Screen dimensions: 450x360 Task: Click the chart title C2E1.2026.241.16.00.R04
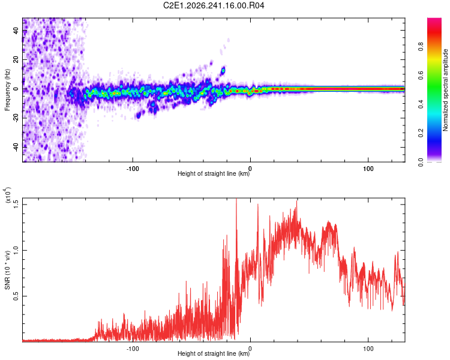click(x=214, y=5)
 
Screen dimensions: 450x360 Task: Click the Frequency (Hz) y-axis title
click(x=7, y=90)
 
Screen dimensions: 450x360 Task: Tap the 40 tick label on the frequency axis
click(x=16, y=30)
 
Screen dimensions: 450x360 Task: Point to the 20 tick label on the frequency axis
click(x=16, y=59)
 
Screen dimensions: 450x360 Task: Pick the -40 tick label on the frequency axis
click(x=16, y=146)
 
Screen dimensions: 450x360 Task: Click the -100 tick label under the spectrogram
click(x=133, y=169)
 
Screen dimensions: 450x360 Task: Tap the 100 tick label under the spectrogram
click(x=368, y=169)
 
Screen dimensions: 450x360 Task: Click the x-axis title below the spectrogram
click(x=214, y=173)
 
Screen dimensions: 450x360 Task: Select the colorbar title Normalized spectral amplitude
click(x=445, y=90)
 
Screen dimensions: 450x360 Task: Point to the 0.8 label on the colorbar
click(x=421, y=47)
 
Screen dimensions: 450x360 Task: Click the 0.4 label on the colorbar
click(x=421, y=104)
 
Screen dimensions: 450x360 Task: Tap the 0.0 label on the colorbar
click(x=421, y=162)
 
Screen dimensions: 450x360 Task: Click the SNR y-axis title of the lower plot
click(x=7, y=270)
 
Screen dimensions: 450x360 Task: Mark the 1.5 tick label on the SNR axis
click(x=16, y=205)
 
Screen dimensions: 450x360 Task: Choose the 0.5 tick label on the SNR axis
click(x=16, y=296)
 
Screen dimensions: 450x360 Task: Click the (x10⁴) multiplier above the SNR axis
click(x=7, y=195)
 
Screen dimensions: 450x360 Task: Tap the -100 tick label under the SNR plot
click(x=133, y=349)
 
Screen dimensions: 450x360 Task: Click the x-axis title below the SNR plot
click(x=214, y=353)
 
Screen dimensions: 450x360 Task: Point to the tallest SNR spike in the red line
click(x=236, y=199)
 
